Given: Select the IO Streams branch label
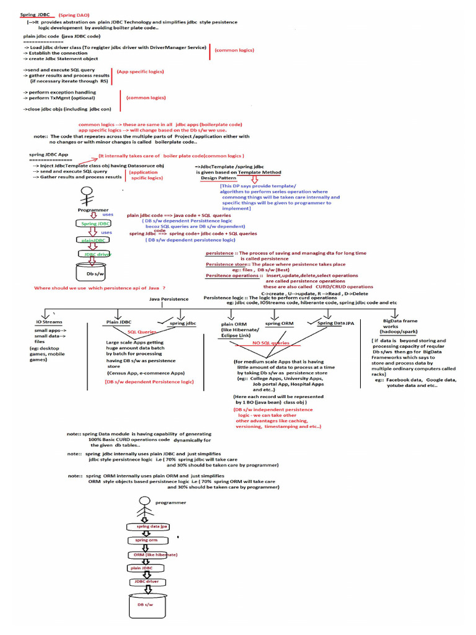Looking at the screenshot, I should click(49, 322).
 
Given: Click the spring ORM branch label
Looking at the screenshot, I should click(280, 324).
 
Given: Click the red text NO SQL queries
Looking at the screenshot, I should click(271, 342).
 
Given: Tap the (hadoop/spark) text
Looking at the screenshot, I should click(399, 332).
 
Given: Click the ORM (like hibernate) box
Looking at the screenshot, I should click(151, 554).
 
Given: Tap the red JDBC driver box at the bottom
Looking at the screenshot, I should click(144, 582).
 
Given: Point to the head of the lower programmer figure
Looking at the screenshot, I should click(144, 501).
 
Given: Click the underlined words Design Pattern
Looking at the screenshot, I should click(219, 178).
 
